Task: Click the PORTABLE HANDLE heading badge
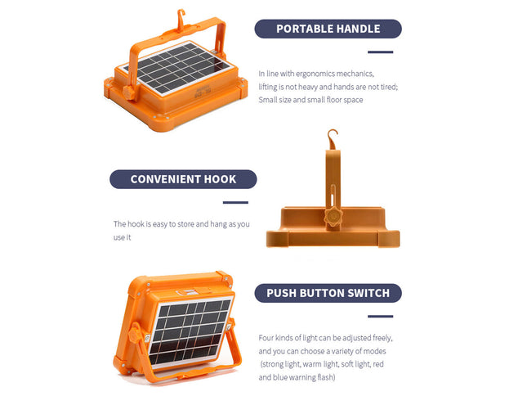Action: (328, 29)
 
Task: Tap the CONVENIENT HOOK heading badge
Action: (183, 179)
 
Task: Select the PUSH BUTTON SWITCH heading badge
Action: (328, 292)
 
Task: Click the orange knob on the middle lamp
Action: (332, 218)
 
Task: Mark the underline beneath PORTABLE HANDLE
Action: (380, 52)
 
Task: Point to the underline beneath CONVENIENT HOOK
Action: (235, 202)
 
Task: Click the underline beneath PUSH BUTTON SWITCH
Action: (380, 316)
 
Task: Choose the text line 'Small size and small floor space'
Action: (310, 99)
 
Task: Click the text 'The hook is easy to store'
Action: (159, 224)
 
